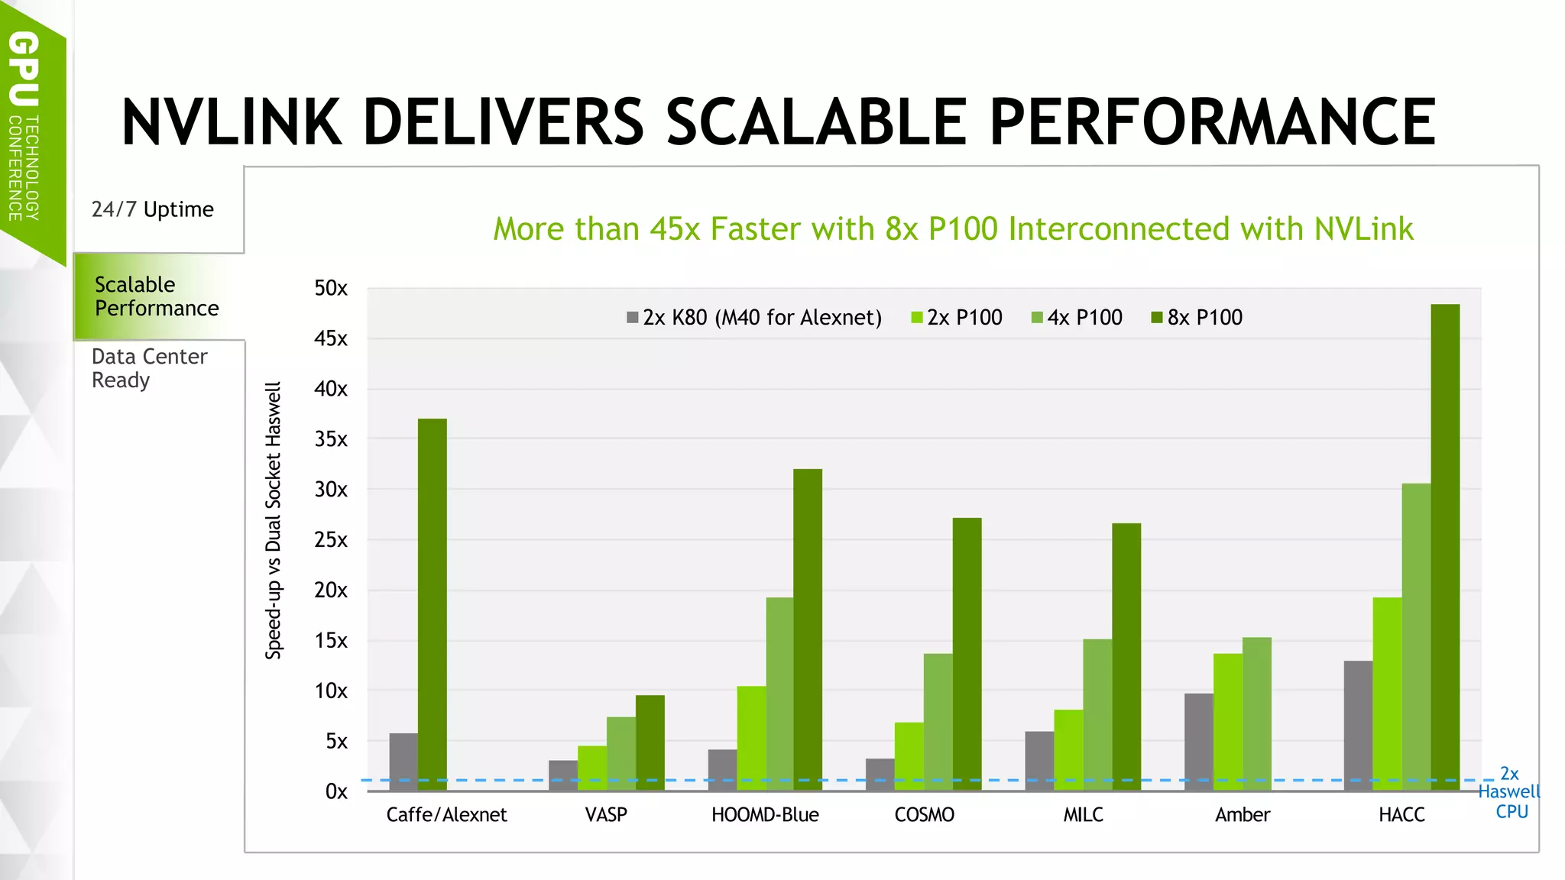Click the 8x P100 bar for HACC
point(1445,547)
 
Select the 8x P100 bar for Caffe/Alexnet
point(433,604)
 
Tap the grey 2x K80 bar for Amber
point(1198,742)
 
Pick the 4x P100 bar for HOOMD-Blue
point(779,694)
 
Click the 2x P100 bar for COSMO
point(909,756)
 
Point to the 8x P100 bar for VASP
point(650,742)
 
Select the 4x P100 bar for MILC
point(1097,714)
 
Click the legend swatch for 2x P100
point(917,318)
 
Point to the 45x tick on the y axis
point(331,338)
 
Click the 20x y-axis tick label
point(331,590)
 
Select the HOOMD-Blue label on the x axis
point(765,815)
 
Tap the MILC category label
point(1083,815)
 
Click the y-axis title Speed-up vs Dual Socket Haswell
point(274,520)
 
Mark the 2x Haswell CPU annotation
point(1509,793)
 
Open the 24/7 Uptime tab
point(153,209)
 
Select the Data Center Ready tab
point(149,368)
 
